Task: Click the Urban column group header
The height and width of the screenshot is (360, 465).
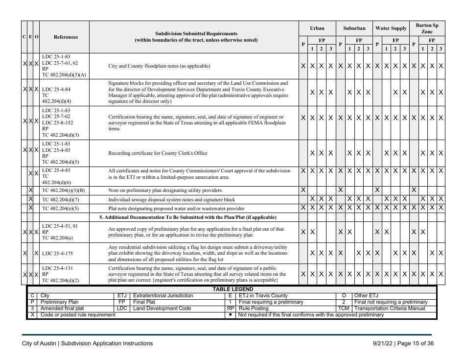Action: click(317, 28)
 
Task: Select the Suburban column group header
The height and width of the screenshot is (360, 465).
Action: click(354, 28)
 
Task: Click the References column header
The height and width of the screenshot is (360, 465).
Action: click(65, 37)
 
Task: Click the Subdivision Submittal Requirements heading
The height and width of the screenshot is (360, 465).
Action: click(196, 34)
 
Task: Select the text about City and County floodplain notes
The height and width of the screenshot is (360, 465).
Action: click(159, 66)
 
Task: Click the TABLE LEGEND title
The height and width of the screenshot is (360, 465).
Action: click(232, 289)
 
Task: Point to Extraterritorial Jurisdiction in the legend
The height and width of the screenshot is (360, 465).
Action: click(163, 296)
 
